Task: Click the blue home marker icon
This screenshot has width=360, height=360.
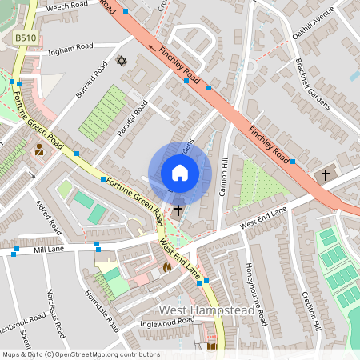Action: (180, 173)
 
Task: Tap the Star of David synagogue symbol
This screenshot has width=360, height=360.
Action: (122, 61)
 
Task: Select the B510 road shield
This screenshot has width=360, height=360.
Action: (26, 37)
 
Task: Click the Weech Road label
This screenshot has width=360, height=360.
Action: (66, 7)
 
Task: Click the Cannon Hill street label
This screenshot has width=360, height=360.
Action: (226, 173)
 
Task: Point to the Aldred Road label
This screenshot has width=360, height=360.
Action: (49, 217)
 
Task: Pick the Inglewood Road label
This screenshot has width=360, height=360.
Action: (166, 322)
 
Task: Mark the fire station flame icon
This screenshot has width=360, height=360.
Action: (166, 267)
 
